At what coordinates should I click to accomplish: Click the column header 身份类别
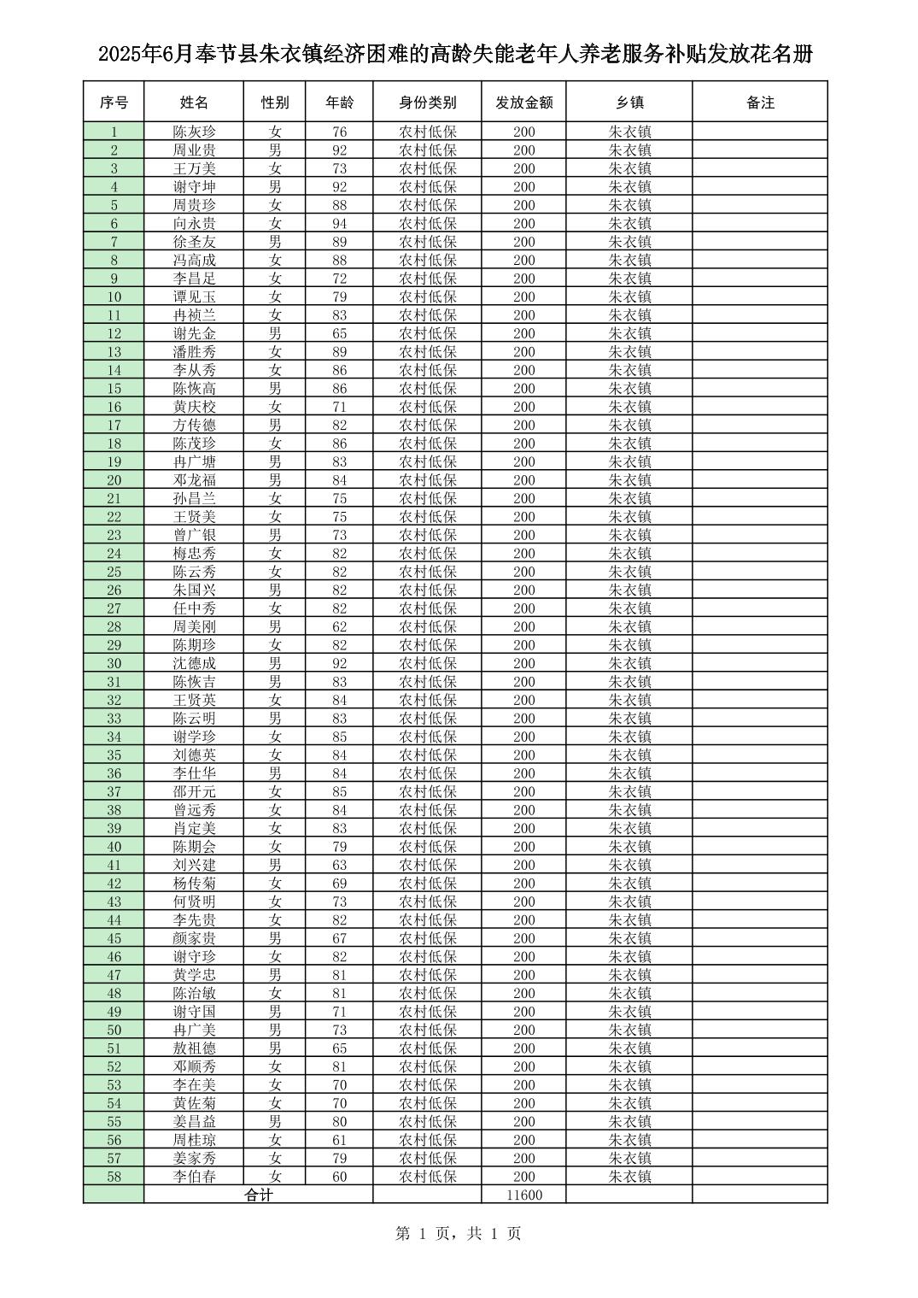tap(427, 103)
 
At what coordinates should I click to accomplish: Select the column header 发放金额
tap(523, 103)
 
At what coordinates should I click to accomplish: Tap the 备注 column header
tap(759, 103)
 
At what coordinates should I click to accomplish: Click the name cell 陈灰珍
tap(194, 132)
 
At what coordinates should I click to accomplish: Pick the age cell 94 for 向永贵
tap(340, 224)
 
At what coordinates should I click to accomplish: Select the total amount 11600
tap(523, 1195)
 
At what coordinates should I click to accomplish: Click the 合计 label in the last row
tap(258, 1195)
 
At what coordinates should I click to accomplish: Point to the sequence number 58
tap(114, 1177)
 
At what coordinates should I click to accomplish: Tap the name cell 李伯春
tap(194, 1177)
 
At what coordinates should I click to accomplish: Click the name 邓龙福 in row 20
tap(194, 480)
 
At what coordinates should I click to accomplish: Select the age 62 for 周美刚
tap(340, 627)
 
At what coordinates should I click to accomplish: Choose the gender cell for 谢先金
tap(275, 333)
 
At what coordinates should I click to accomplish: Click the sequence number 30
tap(114, 664)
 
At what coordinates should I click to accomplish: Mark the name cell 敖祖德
tap(194, 1048)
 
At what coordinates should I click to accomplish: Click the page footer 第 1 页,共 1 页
tap(459, 1233)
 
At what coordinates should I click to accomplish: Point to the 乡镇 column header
tap(629, 103)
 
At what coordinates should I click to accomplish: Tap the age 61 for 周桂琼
tap(340, 1140)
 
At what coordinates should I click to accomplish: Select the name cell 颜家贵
tap(194, 938)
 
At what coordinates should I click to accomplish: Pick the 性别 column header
tap(275, 103)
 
